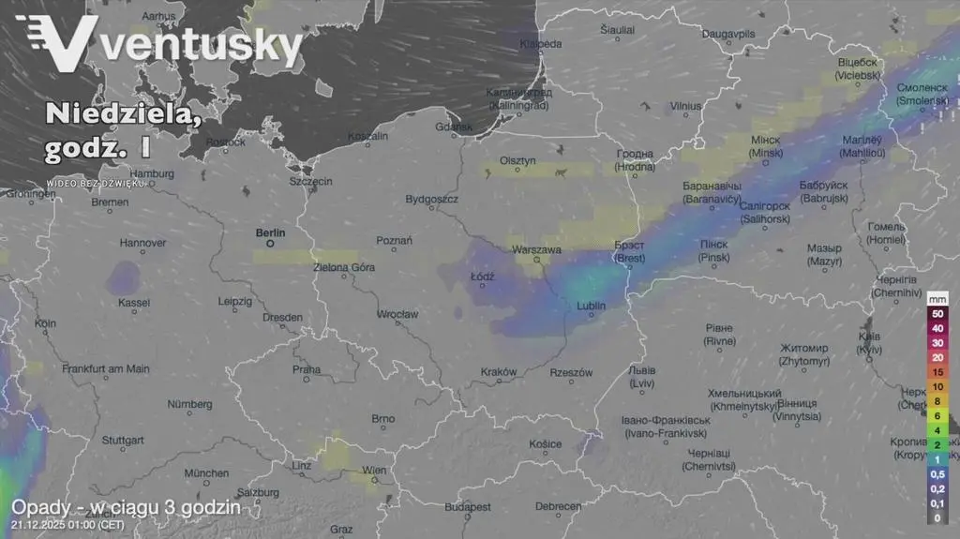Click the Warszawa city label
pyautogui.click(x=536, y=250)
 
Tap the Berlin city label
pyautogui.click(x=271, y=232)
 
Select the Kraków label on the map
pyautogui.click(x=498, y=372)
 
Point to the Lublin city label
pyautogui.click(x=591, y=306)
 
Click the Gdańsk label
pyautogui.click(x=455, y=127)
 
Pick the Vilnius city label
pyautogui.click(x=685, y=107)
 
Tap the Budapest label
pyautogui.click(x=468, y=506)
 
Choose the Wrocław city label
pyautogui.click(x=397, y=314)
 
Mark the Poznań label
pyautogui.click(x=394, y=241)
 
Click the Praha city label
pyautogui.click(x=307, y=369)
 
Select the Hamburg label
pyautogui.click(x=152, y=173)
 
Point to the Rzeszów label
pyautogui.click(x=571, y=372)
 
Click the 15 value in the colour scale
pyautogui.click(x=937, y=372)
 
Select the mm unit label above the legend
pyautogui.click(x=937, y=298)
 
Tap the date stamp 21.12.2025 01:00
pyautogui.click(x=70, y=527)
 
